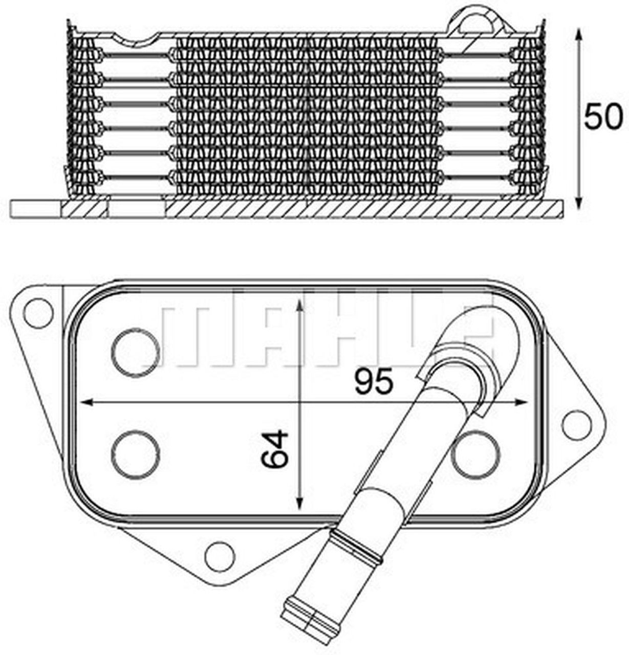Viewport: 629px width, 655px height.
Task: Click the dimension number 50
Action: [603, 117]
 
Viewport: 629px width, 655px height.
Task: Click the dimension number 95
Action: [375, 382]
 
